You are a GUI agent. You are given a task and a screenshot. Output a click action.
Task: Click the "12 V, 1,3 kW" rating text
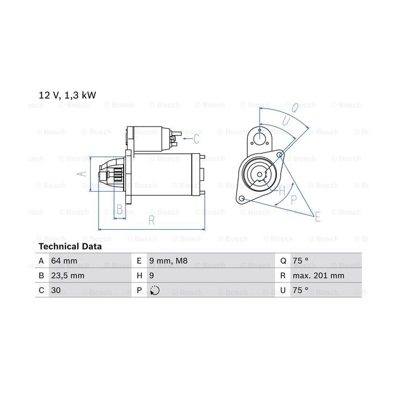click(67, 95)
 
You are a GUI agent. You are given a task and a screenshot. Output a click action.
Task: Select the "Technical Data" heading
click(70, 246)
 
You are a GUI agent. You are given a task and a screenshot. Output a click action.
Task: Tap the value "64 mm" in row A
click(64, 260)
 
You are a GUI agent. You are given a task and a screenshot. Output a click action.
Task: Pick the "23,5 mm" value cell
click(67, 276)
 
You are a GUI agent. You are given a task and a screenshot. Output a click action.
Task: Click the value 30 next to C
click(56, 290)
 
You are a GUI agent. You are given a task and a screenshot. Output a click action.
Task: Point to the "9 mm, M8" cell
click(168, 260)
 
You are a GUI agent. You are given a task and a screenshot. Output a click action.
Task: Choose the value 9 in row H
click(151, 276)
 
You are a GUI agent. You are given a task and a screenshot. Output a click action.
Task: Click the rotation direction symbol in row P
click(154, 290)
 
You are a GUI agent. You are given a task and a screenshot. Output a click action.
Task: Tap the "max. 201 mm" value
click(318, 276)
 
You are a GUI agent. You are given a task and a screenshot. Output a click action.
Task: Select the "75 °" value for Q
click(301, 260)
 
